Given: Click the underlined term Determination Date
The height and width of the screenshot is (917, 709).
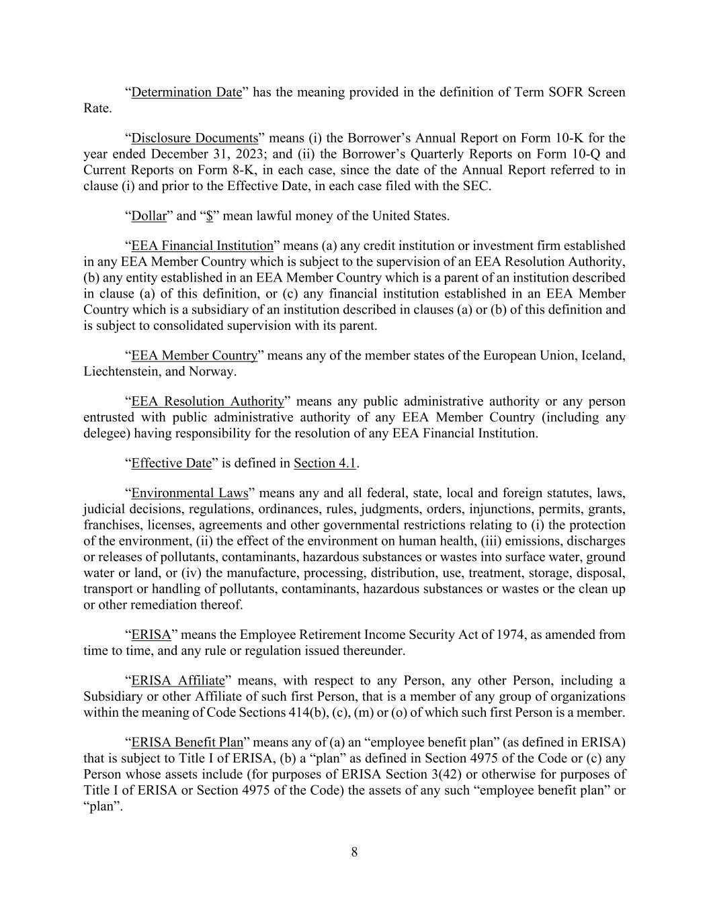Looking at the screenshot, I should coord(186,93).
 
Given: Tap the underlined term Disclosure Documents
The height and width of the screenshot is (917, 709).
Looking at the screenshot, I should coord(195,138).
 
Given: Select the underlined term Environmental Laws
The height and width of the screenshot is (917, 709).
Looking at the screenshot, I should coord(190,494).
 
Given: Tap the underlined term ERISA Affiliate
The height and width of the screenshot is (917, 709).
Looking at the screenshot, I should coord(178,681).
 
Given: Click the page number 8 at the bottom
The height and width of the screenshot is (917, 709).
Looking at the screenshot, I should coord(354,853).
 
